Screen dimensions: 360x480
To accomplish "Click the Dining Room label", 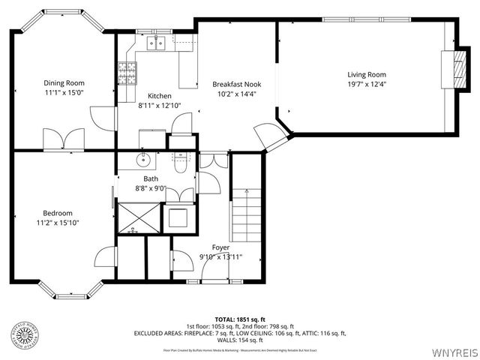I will (63, 82).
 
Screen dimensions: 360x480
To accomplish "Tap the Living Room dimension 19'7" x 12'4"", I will (366, 85).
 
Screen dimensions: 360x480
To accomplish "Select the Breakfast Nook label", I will (236, 84).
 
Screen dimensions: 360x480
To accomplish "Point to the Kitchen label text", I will (159, 96).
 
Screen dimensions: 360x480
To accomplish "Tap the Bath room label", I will (151, 178).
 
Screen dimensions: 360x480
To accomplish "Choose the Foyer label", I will (220, 247).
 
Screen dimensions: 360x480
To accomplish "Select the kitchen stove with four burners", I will (127, 73).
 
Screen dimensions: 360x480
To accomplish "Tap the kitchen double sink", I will (156, 43).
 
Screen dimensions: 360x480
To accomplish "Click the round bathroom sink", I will (143, 159).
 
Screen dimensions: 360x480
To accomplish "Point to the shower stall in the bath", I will (137, 218).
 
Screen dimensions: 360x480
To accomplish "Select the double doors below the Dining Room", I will (73, 140).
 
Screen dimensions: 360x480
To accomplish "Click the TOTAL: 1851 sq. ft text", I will (239, 319).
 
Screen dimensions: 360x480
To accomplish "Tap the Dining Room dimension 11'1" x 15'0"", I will (63, 93).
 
